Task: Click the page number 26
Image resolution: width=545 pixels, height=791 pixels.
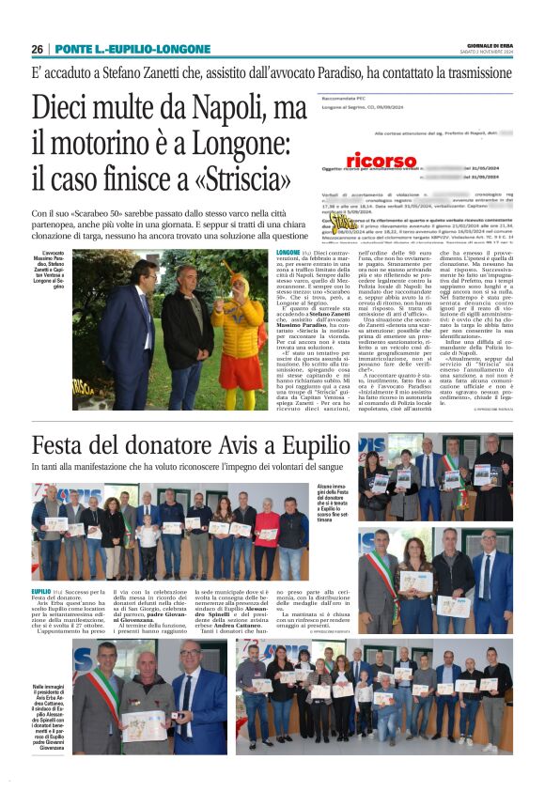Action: pyautogui.click(x=37, y=49)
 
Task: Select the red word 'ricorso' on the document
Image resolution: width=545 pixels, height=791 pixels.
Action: pyautogui.click(x=381, y=161)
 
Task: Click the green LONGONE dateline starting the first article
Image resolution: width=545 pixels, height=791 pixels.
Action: pyautogui.click(x=288, y=254)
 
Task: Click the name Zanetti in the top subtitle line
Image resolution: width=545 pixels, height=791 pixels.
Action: pyautogui.click(x=181, y=75)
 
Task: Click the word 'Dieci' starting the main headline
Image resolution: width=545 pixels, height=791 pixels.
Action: pyautogui.click(x=67, y=110)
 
